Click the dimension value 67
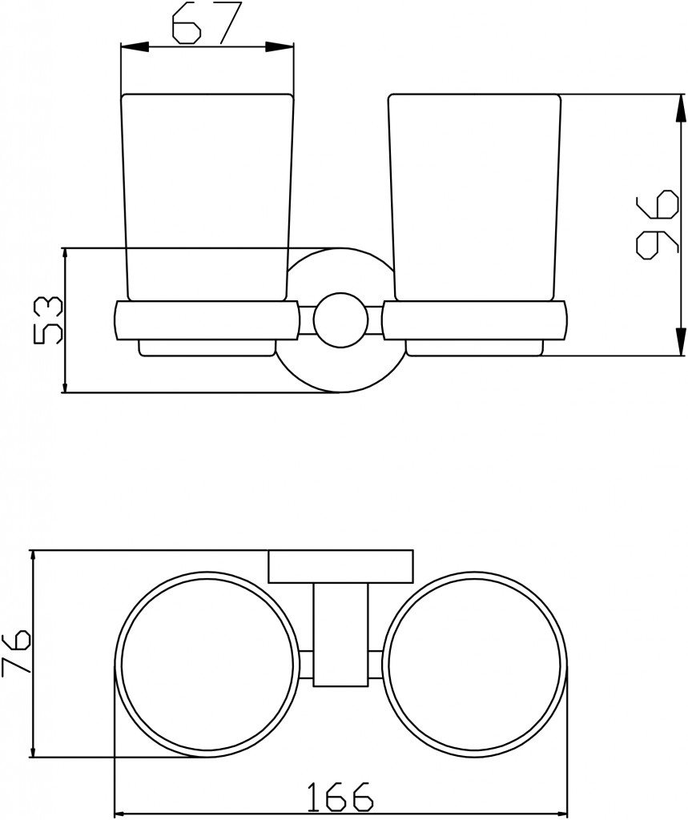201,23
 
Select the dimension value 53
47,320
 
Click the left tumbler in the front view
207,198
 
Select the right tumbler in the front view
474,198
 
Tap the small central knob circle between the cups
340,320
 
